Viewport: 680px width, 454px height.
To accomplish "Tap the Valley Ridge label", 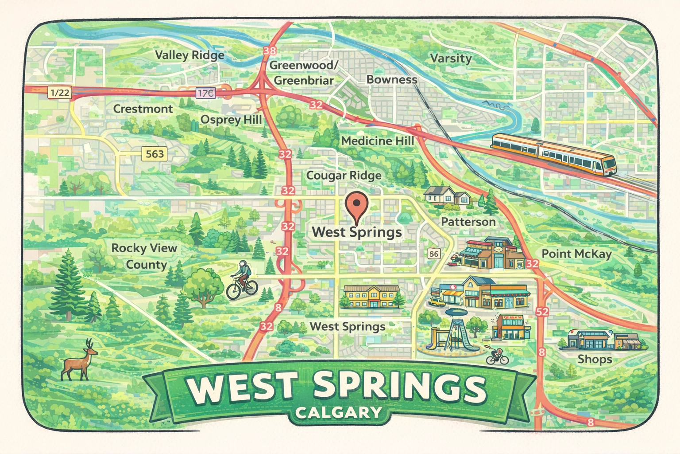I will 189,55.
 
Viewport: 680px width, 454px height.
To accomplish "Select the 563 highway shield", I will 155,154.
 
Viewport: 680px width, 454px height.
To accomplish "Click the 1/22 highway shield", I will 60,92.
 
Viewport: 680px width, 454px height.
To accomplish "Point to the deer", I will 79,360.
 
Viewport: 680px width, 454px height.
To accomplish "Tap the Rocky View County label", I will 144,256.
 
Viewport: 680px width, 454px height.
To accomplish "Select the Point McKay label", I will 576,254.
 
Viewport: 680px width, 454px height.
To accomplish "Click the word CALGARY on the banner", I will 338,413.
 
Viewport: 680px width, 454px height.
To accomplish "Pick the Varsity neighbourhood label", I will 451,59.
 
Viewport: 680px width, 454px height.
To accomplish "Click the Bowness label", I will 392,80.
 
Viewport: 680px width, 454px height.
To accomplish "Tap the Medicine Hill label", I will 378,141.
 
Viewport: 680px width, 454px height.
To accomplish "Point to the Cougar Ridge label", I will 344,176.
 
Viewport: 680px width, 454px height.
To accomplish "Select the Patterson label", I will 468,222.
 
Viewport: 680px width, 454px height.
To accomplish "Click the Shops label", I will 595,359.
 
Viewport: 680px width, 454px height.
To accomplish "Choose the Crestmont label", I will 143,109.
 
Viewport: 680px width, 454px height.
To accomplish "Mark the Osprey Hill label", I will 231,120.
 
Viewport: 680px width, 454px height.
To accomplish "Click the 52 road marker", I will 542,312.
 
